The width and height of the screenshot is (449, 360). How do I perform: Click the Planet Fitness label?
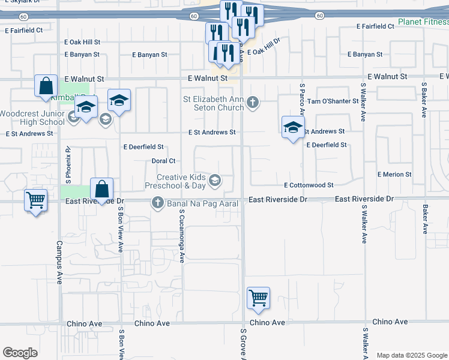pos(423,23)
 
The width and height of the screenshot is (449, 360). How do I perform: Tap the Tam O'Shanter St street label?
pos(333,101)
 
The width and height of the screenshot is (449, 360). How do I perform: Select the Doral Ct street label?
pos(163,161)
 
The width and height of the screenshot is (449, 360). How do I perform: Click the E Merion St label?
pos(394,175)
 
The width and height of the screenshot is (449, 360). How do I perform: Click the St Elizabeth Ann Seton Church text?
pos(214,103)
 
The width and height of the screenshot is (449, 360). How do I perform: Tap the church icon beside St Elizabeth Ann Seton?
pos(253,103)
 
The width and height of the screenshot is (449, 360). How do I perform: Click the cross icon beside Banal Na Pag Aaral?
pos(158,203)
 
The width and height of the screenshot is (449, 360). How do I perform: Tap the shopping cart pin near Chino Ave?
pos(258,298)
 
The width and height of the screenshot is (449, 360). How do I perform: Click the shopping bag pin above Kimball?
pos(46,86)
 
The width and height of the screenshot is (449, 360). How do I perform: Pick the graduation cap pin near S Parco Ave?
pos(293,127)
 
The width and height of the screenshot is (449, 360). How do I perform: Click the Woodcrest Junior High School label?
pos(32,118)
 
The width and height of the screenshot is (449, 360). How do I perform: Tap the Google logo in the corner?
pos(19,353)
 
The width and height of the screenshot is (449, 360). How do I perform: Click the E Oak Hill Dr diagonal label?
pos(264,49)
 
